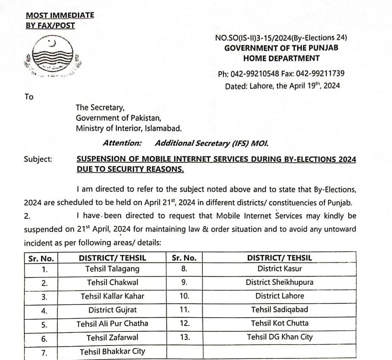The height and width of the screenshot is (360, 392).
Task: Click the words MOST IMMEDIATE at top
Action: [x=60, y=15]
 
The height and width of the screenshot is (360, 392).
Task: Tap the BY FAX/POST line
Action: [x=50, y=26]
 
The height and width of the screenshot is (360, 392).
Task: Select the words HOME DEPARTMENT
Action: [x=281, y=59]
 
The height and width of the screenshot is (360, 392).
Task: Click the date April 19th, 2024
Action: [x=308, y=86]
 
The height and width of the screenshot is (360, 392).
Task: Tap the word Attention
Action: [x=122, y=143]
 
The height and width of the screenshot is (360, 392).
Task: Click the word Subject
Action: [x=38, y=159]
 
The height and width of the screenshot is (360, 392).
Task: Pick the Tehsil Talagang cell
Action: [x=112, y=269]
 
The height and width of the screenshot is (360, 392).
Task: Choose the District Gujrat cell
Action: [x=112, y=310]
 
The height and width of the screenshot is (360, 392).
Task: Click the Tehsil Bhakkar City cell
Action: [x=112, y=352]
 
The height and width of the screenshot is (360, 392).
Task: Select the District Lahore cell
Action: [x=280, y=296]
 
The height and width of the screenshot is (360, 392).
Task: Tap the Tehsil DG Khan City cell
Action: [x=280, y=337]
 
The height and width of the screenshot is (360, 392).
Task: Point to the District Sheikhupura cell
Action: [x=280, y=282]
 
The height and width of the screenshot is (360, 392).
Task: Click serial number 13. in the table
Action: [x=184, y=337]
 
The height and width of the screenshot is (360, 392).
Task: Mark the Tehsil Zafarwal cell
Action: [x=112, y=337]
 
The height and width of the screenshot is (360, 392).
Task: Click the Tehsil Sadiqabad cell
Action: [x=280, y=309]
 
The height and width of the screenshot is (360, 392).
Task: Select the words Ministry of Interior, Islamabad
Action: [x=129, y=128]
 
